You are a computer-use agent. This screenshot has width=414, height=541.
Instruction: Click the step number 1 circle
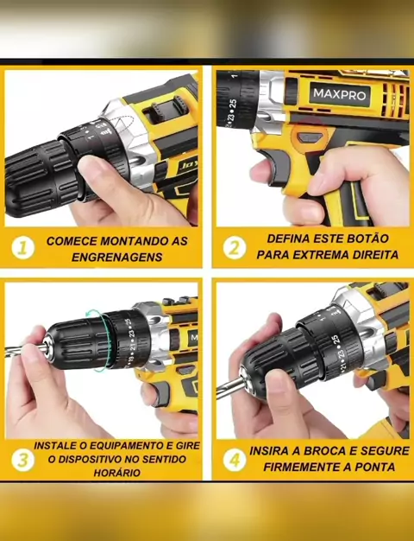tap(22, 248)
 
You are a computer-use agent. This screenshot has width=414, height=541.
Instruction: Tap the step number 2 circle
tap(235, 248)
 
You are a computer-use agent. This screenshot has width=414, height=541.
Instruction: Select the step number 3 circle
tap(22, 460)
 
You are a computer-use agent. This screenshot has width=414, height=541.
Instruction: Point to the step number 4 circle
tap(235, 460)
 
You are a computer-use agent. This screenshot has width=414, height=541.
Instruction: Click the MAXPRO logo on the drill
tap(340, 94)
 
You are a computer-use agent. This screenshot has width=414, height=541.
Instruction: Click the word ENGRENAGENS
tap(116, 257)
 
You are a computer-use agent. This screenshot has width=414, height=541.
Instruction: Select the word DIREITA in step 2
tap(375, 255)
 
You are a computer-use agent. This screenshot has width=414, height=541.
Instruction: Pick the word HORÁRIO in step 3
tap(116, 473)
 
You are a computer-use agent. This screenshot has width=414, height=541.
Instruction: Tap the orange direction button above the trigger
tap(310, 137)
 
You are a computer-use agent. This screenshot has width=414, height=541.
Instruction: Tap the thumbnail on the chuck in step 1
tap(92, 169)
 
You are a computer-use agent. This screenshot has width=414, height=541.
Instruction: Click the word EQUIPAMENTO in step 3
tap(129, 445)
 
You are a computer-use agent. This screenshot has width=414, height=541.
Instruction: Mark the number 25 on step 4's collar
tap(336, 340)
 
